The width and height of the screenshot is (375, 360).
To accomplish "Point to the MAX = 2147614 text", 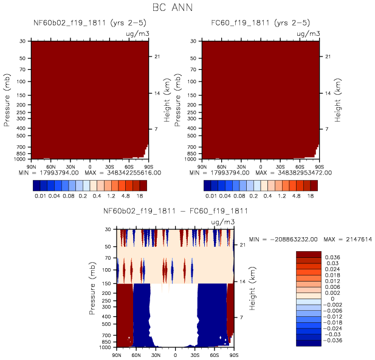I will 345,239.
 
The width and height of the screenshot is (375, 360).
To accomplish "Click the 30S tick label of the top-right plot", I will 280,165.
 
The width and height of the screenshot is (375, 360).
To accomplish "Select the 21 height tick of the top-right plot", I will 326,57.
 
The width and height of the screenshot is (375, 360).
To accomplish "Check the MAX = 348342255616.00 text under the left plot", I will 121,173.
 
